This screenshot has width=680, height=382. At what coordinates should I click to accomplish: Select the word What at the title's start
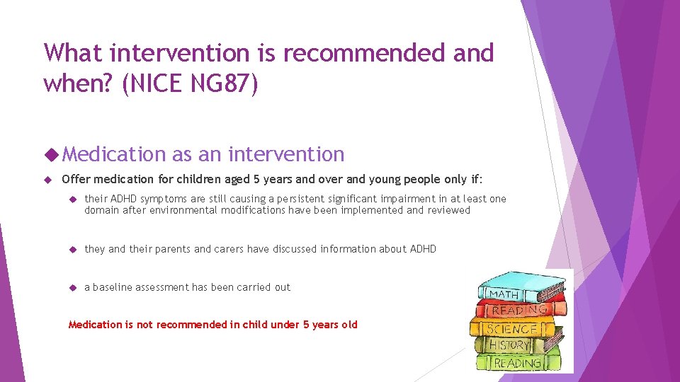click(x=75, y=52)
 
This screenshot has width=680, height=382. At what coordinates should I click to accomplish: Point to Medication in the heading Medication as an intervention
click(x=117, y=154)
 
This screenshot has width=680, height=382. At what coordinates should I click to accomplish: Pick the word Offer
click(x=76, y=179)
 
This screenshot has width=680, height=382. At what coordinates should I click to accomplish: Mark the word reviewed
click(x=447, y=210)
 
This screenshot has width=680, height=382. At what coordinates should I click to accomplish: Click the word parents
click(x=172, y=249)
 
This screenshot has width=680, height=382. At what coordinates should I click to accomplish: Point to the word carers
click(x=229, y=249)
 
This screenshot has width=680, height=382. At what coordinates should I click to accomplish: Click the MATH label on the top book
click(x=504, y=294)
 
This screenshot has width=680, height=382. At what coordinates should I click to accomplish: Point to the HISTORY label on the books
click(x=509, y=345)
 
